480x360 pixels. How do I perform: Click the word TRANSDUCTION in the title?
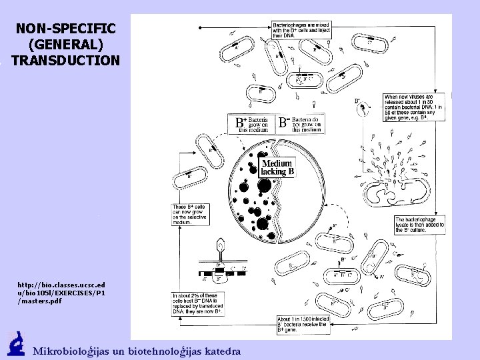(65, 60)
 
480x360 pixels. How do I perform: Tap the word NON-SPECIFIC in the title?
(65, 29)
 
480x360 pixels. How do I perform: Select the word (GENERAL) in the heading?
(65, 45)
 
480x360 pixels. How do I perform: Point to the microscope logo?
(16, 344)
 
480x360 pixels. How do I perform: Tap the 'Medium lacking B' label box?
(277, 167)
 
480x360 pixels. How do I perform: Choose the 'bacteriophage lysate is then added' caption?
(419, 224)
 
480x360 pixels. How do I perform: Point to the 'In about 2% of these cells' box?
(198, 303)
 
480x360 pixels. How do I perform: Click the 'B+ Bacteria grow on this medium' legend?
(253, 124)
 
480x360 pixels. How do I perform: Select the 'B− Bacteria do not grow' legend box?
(302, 124)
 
